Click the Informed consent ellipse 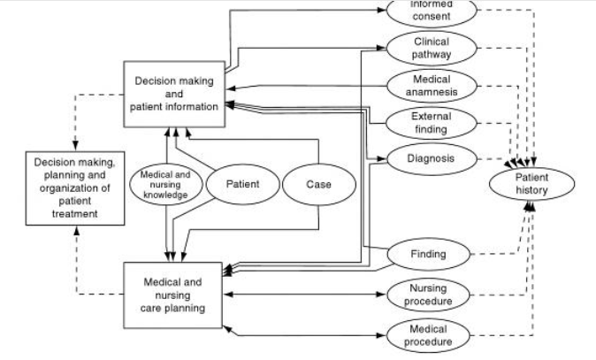pos(432,10)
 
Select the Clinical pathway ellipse pos(432,48)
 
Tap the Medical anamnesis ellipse pos(432,85)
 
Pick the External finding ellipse pos(432,123)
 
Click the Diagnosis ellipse pos(432,159)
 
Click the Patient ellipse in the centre pos(241,185)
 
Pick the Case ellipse pos(318,185)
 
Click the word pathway pos(432,54)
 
